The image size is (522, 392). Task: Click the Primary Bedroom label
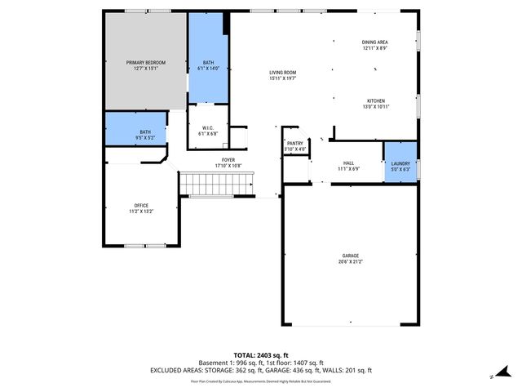(145, 62)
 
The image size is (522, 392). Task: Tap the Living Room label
(282, 73)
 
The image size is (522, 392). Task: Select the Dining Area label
(375, 42)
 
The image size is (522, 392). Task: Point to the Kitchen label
(375, 100)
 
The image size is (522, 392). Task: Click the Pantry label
(295, 142)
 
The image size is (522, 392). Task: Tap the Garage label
(350, 256)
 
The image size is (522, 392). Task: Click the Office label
(142, 204)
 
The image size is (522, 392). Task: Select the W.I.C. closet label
(207, 127)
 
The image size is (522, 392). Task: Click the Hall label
(348, 163)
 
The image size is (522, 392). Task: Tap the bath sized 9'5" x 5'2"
(145, 136)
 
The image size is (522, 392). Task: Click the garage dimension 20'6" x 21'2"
(350, 261)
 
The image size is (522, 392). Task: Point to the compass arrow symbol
(493, 376)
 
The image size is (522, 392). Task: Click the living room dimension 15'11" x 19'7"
(282, 78)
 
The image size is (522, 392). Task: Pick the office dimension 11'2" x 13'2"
(142, 211)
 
